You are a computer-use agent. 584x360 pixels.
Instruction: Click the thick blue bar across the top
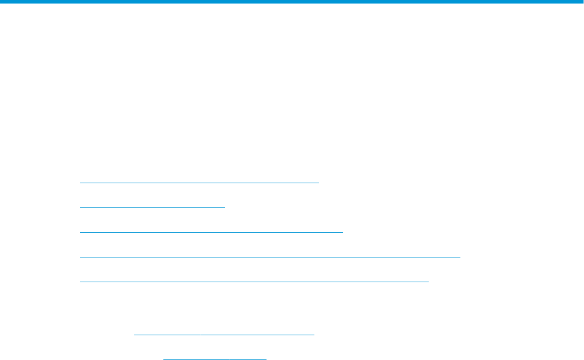tap(292, 2)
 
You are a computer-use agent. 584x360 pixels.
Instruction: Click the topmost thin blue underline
tap(199, 183)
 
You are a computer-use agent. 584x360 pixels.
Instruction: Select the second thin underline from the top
tap(152, 207)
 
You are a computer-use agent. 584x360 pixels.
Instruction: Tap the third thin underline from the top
tap(211, 232)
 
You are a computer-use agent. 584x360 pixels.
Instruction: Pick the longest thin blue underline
tap(270, 257)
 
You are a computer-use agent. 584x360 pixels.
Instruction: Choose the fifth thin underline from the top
tap(254, 281)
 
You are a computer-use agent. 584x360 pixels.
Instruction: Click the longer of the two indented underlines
tap(225, 334)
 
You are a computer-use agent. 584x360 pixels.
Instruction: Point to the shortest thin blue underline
tap(215, 358)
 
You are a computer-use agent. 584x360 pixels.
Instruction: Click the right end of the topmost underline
tap(318, 183)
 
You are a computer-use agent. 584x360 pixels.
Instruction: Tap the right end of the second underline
tap(225, 207)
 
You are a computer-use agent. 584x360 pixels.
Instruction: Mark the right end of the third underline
tap(342, 232)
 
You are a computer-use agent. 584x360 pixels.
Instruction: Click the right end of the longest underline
tap(459, 257)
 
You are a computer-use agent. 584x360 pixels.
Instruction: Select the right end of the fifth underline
tap(429, 281)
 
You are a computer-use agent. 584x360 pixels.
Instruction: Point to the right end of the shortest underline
tap(266, 358)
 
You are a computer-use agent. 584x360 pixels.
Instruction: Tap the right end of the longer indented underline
tap(314, 334)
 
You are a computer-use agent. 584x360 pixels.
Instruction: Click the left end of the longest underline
tap(81, 257)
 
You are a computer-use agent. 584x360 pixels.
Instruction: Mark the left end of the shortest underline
tap(164, 358)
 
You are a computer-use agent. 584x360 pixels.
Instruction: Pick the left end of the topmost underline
tap(81, 183)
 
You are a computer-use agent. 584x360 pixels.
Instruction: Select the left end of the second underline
tap(81, 207)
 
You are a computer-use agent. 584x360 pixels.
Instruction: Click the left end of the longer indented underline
tap(135, 334)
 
